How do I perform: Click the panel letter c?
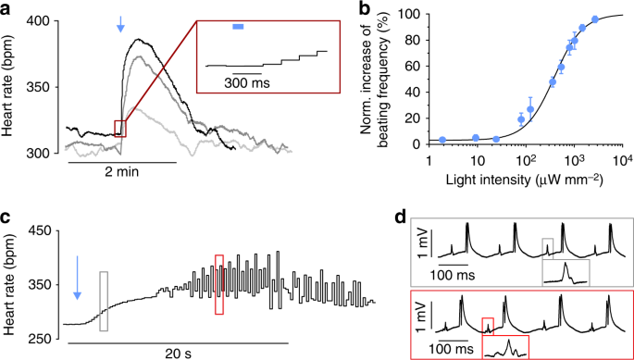coord(7,220)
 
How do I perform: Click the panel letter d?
coord(399,218)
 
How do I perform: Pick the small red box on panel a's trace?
coord(120,129)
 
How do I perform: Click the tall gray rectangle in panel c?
coord(104,301)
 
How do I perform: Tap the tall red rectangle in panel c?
coord(218,284)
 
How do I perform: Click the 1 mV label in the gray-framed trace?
coord(421,254)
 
